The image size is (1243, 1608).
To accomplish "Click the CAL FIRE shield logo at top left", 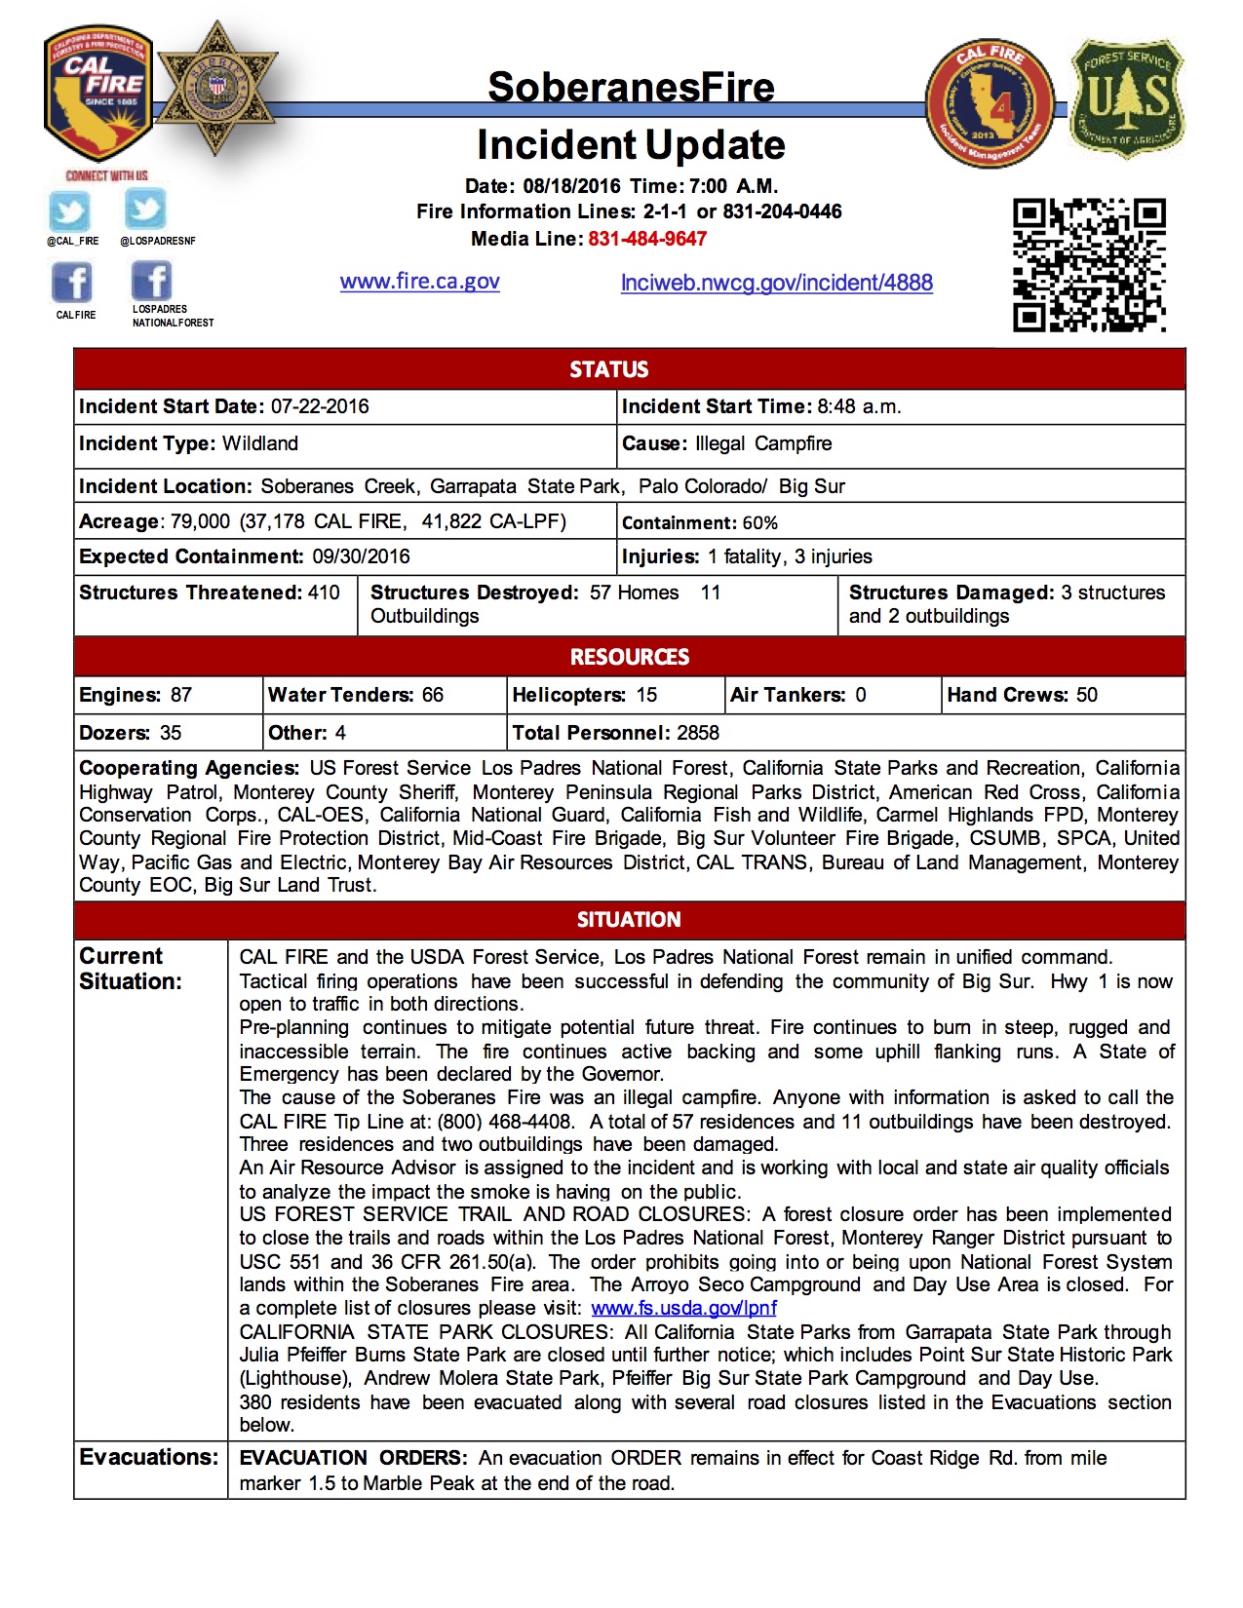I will pos(97,93).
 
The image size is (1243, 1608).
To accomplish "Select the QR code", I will pos(1089,265).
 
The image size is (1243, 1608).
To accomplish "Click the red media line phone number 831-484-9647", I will pos(647,239).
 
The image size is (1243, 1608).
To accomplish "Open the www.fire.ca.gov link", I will pos(419,282).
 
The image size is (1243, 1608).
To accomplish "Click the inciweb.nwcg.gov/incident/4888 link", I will pos(776,283).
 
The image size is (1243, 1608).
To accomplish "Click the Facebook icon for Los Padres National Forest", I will pos(151,282).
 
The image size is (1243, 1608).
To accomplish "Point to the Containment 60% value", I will pos(759,523).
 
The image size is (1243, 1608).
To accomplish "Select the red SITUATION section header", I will pos(629,919).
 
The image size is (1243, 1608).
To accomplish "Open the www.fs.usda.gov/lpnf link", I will pos(683,1308).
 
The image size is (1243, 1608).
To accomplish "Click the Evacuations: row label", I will pos(149,1457).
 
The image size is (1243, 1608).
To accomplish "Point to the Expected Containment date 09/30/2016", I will pos(361,556).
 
